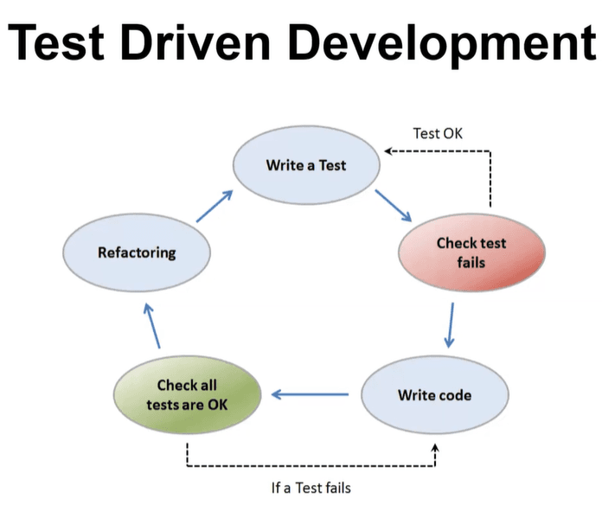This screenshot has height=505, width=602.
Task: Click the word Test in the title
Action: pyautogui.click(x=56, y=42)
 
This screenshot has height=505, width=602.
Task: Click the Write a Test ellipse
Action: pyautogui.click(x=306, y=165)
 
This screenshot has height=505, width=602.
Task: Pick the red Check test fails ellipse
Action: pyautogui.click(x=472, y=252)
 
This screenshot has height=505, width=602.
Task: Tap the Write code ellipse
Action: pyautogui.click(x=435, y=395)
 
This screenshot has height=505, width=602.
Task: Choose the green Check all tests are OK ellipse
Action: pyautogui.click(x=188, y=395)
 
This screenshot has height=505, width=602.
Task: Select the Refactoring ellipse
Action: pyautogui.click(x=137, y=252)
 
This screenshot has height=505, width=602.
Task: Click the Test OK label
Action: pyautogui.click(x=438, y=133)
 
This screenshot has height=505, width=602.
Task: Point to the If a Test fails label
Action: pyautogui.click(x=311, y=488)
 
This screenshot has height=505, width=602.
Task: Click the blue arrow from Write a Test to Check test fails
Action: pyautogui.click(x=394, y=205)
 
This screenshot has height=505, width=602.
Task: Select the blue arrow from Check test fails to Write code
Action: pyautogui.click(x=450, y=325)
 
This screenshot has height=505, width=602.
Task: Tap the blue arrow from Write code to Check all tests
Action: pyautogui.click(x=310, y=394)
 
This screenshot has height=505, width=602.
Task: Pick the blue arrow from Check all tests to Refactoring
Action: pyautogui.click(x=153, y=325)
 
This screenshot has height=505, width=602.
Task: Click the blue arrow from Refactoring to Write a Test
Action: pyautogui.click(x=215, y=206)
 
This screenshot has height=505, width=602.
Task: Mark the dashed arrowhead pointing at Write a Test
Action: pyautogui.click(x=388, y=151)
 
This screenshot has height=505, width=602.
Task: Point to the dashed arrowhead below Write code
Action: pyautogui.click(x=435, y=448)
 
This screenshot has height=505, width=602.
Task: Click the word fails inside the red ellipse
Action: pyautogui.click(x=471, y=263)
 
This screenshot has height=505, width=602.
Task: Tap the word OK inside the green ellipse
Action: pyautogui.click(x=218, y=405)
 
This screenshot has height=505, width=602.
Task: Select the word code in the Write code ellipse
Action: pyautogui.click(x=453, y=395)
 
